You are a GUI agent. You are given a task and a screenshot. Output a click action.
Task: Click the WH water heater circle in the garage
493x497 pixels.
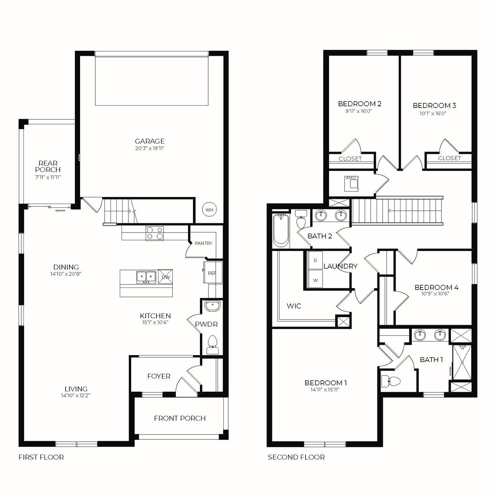pyautogui.click(x=209, y=210)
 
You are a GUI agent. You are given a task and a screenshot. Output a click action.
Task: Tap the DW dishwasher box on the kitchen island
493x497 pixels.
pyautogui.click(x=165, y=277)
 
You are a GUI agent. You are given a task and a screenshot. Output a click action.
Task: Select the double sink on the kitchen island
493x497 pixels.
pyautogui.click(x=146, y=277)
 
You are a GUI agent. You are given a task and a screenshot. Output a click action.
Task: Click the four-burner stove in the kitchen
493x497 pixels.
pyautogui.click(x=155, y=233)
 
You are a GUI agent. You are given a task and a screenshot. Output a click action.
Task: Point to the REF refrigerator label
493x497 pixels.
pyautogui.click(x=212, y=273)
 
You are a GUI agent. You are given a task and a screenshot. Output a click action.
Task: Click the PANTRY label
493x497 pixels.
pyautogui.click(x=203, y=243)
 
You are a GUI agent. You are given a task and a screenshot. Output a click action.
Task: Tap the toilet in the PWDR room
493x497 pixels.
pyautogui.click(x=212, y=343)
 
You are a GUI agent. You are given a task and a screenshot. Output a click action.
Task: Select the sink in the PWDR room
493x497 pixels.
pyautogui.click(x=212, y=305)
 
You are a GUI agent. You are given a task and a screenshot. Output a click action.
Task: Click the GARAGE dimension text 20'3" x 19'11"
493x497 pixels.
pyautogui.click(x=149, y=148)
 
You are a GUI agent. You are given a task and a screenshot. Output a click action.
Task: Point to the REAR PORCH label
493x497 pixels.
pyautogui.click(x=48, y=166)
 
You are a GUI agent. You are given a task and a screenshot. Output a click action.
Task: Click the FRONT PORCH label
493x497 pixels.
pyautogui.click(x=180, y=418)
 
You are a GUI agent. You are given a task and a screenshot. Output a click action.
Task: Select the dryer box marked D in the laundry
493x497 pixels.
pyautogui.click(x=315, y=261)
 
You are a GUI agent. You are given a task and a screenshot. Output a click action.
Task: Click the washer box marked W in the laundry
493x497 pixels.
pyautogui.click(x=315, y=280)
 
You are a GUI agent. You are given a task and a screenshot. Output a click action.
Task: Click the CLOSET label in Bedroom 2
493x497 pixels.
pyautogui.click(x=350, y=159)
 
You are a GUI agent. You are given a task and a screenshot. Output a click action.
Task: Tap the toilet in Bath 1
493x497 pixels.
pyautogui.click(x=391, y=382)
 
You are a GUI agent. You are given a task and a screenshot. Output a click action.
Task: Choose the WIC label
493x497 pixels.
pyautogui.click(x=294, y=306)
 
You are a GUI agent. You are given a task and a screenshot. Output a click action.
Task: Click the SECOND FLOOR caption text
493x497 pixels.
pyautogui.click(x=296, y=457)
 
